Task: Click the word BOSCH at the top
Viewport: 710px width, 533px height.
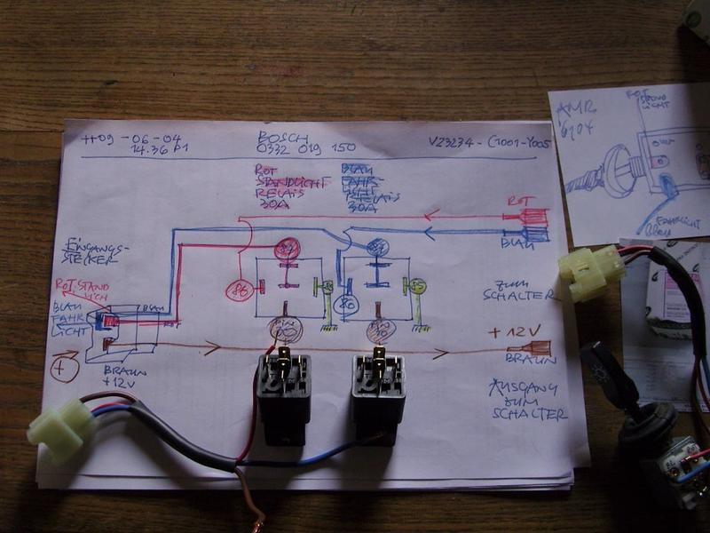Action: [x=283, y=139]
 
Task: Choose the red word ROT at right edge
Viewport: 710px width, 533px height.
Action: [x=517, y=203]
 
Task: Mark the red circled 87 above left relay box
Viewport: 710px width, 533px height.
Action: [x=287, y=251]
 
